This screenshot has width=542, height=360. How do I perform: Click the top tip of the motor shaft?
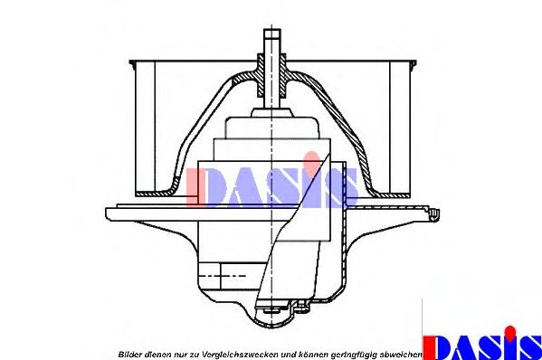[272, 30]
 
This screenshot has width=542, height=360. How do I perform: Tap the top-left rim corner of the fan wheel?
[131, 62]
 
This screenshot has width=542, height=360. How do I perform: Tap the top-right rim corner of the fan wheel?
[414, 63]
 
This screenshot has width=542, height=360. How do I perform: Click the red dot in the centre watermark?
[312, 158]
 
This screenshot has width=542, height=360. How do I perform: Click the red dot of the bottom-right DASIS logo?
[509, 332]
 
